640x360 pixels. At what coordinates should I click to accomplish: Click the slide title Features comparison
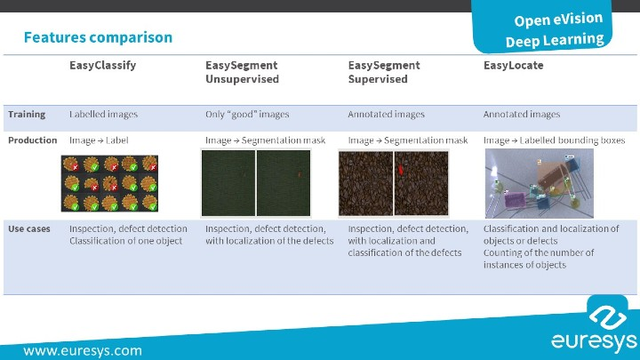pyautogui.click(x=98, y=37)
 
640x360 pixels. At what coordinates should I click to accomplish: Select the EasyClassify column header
pyautogui.click(x=102, y=65)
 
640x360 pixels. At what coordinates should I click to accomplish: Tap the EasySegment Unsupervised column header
pyautogui.click(x=242, y=72)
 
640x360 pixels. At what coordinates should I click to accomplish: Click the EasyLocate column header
pyautogui.click(x=513, y=65)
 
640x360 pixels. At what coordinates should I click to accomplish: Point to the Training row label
pyautogui.click(x=27, y=114)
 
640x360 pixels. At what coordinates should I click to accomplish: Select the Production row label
pyautogui.click(x=32, y=140)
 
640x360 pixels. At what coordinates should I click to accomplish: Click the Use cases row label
pyautogui.click(x=28, y=228)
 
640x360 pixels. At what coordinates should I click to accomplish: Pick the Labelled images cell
pyautogui.click(x=104, y=114)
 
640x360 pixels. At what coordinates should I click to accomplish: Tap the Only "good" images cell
pyautogui.click(x=247, y=114)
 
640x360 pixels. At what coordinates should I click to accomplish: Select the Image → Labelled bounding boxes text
pyautogui.click(x=554, y=140)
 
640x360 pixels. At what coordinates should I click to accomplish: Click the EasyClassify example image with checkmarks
pyautogui.click(x=109, y=184)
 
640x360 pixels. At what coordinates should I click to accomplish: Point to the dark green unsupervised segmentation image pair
pyautogui.click(x=253, y=183)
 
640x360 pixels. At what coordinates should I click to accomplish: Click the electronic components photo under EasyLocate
pyautogui.click(x=533, y=184)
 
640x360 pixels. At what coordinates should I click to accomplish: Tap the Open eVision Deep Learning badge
pyautogui.click(x=556, y=29)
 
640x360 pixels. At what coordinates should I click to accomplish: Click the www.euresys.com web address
pyautogui.click(x=83, y=350)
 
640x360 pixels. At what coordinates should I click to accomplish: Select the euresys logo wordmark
pyautogui.click(x=593, y=341)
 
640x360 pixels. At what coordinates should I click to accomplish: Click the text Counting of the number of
pyautogui.click(x=538, y=252)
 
